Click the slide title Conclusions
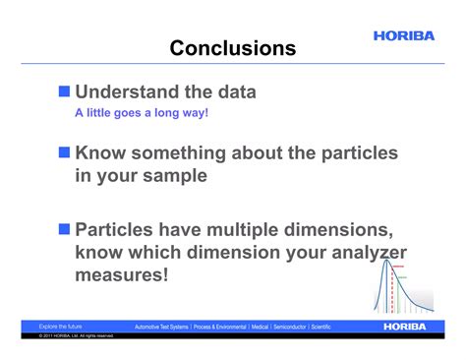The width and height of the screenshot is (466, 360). pos(232,48)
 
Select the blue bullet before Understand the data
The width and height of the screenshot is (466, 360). pos(65,91)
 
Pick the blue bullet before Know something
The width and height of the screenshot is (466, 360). pos(65,153)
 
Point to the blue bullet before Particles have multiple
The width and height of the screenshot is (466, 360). pos(65,229)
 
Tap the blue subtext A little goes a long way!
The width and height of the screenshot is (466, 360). pos(142,112)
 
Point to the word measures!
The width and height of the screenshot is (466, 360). pos(121,275)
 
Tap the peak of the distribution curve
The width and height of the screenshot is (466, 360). pos(385,259)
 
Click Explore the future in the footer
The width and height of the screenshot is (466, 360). pos(60,327)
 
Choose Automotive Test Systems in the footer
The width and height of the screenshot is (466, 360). pos(161,327)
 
